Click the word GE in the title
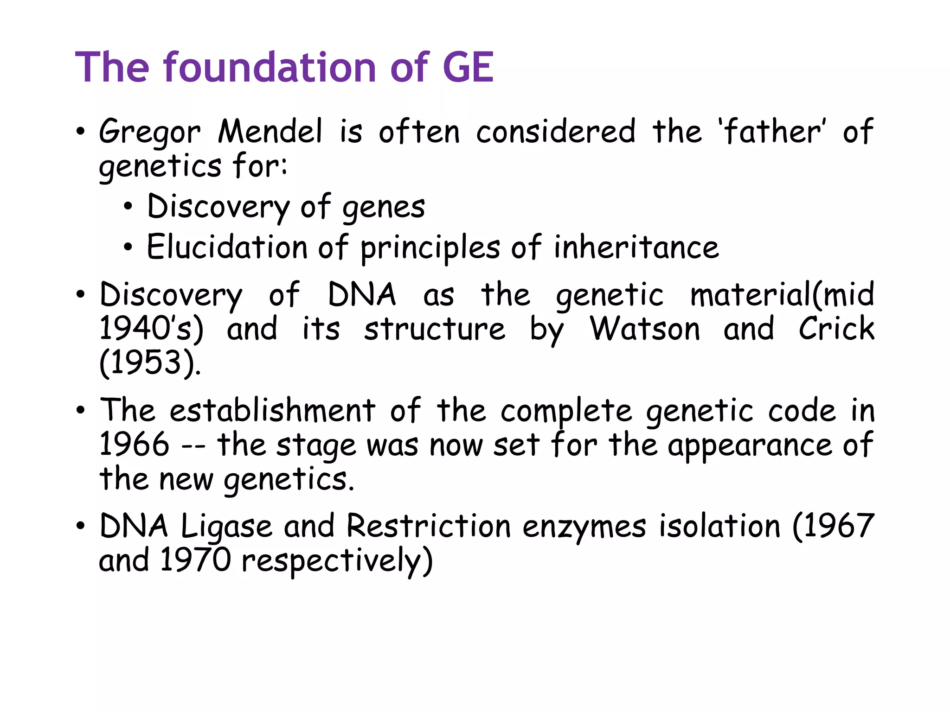click(468, 68)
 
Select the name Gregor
click(149, 133)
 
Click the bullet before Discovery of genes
click(128, 207)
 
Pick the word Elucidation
click(227, 247)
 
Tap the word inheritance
click(636, 247)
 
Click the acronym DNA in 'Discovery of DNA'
click(362, 295)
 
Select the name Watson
click(645, 329)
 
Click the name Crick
click(836, 329)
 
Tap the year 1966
click(135, 444)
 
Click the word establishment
click(272, 411)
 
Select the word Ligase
click(226, 527)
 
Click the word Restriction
click(429, 526)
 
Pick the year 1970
click(195, 560)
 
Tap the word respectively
click(337, 561)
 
